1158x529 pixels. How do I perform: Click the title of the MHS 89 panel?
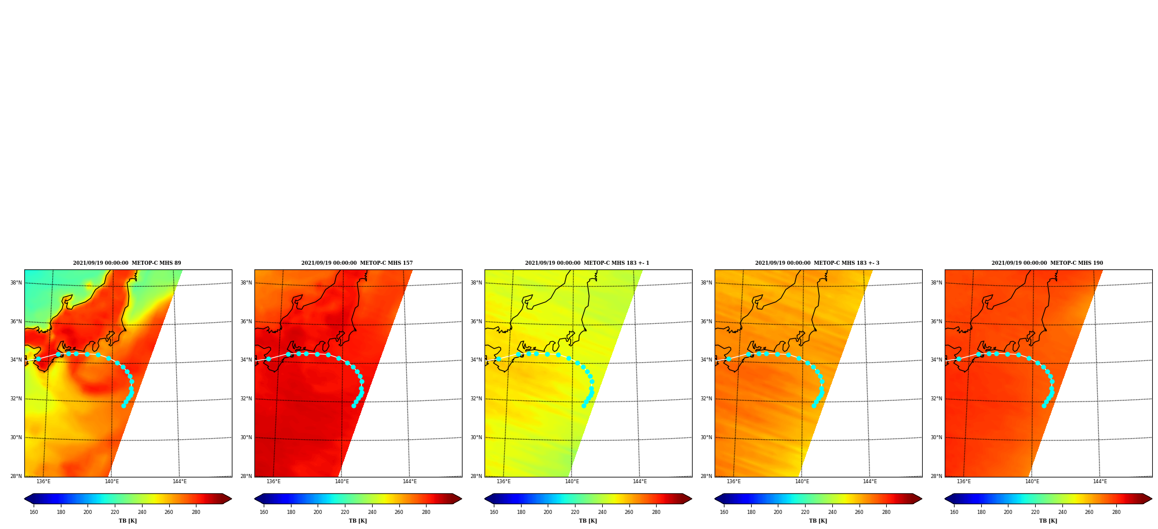tap(127, 263)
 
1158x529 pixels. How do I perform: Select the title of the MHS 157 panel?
tap(357, 263)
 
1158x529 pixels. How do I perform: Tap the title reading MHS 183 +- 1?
tap(587, 263)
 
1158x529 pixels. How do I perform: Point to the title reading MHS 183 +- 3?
tap(817, 263)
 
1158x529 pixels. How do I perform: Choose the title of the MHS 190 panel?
tap(1047, 263)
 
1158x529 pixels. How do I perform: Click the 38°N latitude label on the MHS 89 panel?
tap(16, 283)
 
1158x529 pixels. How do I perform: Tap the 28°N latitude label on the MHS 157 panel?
tap(246, 476)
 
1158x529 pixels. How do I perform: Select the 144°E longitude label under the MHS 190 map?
tap(1100, 481)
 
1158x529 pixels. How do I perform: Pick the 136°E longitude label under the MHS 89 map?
tap(43, 481)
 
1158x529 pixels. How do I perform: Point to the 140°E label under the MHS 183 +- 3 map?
tap(802, 481)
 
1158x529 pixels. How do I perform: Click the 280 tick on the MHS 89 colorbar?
tap(196, 512)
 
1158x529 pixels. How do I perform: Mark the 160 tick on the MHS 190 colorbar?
tap(954, 512)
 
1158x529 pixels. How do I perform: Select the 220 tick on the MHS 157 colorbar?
tap(345, 512)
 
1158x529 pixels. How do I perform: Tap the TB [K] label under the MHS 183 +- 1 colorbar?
tap(588, 521)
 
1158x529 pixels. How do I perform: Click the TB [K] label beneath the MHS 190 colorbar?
tap(1048, 521)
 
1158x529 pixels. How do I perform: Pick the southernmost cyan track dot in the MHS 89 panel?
tap(123, 406)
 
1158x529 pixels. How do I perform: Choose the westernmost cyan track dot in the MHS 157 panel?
tap(268, 359)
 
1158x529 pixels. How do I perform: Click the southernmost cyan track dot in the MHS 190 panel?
tap(1044, 406)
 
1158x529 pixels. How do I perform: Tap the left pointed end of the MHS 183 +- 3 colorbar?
tap(715, 499)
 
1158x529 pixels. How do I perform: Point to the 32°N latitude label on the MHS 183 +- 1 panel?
tap(476, 399)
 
